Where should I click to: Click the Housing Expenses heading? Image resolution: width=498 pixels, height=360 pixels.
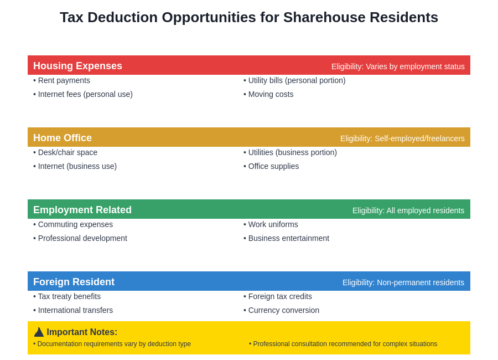pyautogui.click(x=77, y=66)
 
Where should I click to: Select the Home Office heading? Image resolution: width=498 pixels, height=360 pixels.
pyautogui.click(x=63, y=138)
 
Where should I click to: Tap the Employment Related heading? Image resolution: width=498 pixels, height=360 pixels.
pyautogui.click(x=82, y=210)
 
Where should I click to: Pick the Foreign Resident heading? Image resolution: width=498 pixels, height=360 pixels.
pyautogui.click(x=74, y=282)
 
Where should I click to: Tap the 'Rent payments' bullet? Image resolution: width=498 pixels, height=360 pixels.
pyautogui.click(x=61, y=80)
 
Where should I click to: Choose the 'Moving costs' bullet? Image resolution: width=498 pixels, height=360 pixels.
pyautogui.click(x=268, y=94)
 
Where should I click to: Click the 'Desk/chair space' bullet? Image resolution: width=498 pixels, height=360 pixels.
pyautogui.click(x=65, y=152)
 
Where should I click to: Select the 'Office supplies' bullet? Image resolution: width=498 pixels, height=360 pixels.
pyautogui.click(x=271, y=166)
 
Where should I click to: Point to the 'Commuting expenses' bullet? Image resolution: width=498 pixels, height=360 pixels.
pyautogui.click(x=73, y=224)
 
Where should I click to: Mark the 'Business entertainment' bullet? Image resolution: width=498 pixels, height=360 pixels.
pyautogui.click(x=286, y=238)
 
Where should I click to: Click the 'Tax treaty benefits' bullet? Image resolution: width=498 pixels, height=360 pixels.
pyautogui.click(x=67, y=296)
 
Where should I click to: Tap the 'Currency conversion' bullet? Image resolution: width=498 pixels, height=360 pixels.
pyautogui.click(x=281, y=310)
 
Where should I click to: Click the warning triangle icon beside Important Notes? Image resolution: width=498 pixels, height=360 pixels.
pyautogui.click(x=39, y=332)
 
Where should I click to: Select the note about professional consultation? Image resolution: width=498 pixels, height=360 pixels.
pyautogui.click(x=343, y=344)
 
